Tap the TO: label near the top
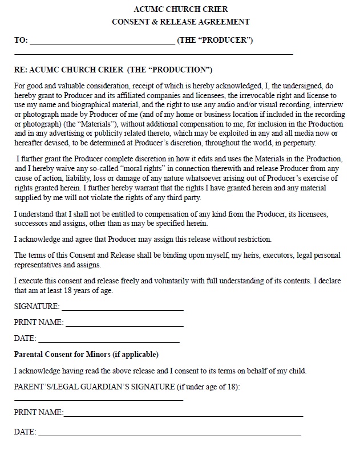(21, 40)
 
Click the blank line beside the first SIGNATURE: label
(122, 308)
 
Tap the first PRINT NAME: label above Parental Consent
(38, 323)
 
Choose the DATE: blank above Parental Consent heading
(108, 339)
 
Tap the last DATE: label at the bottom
(25, 432)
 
